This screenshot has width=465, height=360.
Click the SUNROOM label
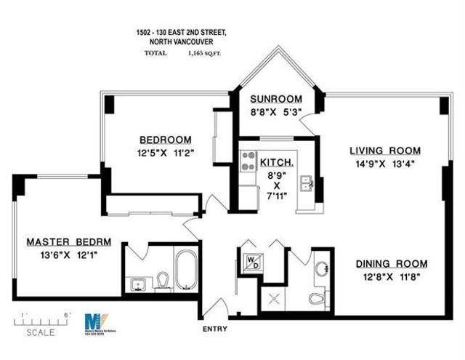[275, 99]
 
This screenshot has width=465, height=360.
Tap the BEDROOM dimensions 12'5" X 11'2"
[166, 153]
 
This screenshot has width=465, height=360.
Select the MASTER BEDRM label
[63, 241]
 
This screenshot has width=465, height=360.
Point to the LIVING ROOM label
[384, 151]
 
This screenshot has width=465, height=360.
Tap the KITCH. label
[276, 162]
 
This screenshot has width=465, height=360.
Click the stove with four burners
[248, 159]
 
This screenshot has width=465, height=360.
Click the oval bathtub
[185, 271]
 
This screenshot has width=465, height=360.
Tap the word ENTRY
[214, 329]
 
